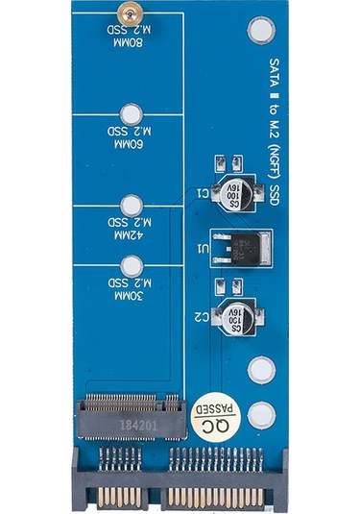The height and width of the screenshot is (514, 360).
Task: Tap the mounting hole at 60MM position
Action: pyautogui.click(x=132, y=112)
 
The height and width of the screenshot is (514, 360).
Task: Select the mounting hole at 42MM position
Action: pyautogui.click(x=132, y=205)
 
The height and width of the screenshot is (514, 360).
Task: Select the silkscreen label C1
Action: pyautogui.click(x=204, y=193)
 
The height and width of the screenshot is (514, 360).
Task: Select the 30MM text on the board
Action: pyautogui.click(x=127, y=297)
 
